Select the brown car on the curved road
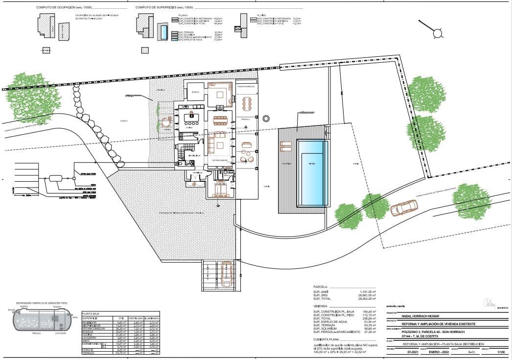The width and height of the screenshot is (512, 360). pyautogui.click(x=404, y=208)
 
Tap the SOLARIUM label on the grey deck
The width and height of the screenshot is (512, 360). pyautogui.click(x=287, y=164)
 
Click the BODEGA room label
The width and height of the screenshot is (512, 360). pyautogui.click(x=195, y=92)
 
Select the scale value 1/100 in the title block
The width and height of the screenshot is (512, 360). pyautogui.click(x=500, y=352)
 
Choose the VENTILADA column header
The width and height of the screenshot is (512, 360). pyautogui.click(x=135, y=318)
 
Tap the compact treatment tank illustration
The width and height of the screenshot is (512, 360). pyautogui.click(x=41, y=322)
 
